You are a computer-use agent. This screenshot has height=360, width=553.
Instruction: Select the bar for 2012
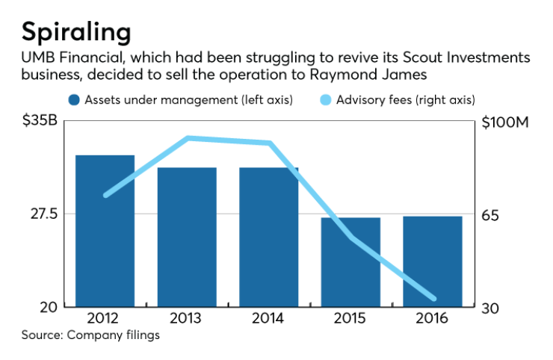(x=105, y=231)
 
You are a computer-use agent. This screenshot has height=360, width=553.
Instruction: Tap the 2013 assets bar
(x=187, y=237)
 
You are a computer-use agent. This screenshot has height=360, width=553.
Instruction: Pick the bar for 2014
(x=268, y=237)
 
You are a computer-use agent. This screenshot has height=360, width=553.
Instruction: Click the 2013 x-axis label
(x=187, y=318)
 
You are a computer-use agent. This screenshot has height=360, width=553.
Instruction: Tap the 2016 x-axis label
(x=433, y=318)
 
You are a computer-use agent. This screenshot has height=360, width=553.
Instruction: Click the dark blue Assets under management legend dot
(x=73, y=99)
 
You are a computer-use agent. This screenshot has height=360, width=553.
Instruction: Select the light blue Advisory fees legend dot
(x=323, y=99)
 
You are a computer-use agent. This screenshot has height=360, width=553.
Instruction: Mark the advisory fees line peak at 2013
(x=188, y=138)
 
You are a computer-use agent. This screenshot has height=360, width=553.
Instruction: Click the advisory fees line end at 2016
(x=433, y=299)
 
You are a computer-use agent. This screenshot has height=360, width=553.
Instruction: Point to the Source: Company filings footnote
(x=90, y=335)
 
